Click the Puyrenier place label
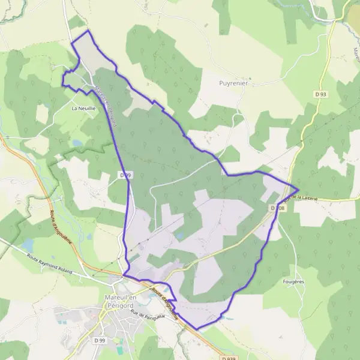tap(233, 83)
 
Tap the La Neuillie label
tap(83, 109)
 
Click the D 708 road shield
tap(277, 208)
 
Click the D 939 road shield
tap(227, 358)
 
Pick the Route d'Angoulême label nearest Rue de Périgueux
tap(164, 303)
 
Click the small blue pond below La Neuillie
tap(77, 143)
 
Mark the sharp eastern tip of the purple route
tap(298, 190)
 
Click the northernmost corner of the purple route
tap(88, 30)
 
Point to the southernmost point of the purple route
tap(197, 329)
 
